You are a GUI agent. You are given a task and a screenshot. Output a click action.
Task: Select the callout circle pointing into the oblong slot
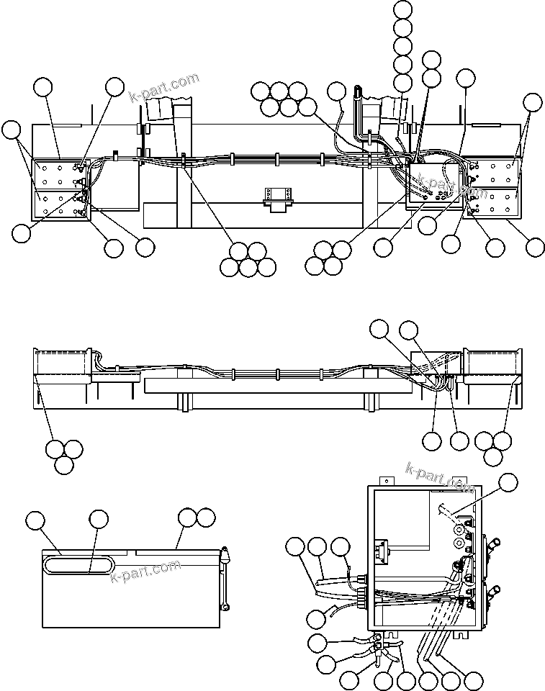tap(99, 519)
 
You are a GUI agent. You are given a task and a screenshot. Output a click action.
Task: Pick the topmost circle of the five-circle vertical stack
tap(404, 10)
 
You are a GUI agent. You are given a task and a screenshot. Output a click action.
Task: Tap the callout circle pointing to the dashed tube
tap(509, 483)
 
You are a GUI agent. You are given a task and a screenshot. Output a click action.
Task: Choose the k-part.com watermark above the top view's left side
tap(163, 89)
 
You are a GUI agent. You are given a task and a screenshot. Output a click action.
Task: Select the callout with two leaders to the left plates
tap(11, 130)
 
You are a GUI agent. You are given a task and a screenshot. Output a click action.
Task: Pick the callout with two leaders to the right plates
tap(532, 101)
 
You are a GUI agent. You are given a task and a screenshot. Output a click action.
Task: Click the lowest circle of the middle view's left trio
tap(63, 464)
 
